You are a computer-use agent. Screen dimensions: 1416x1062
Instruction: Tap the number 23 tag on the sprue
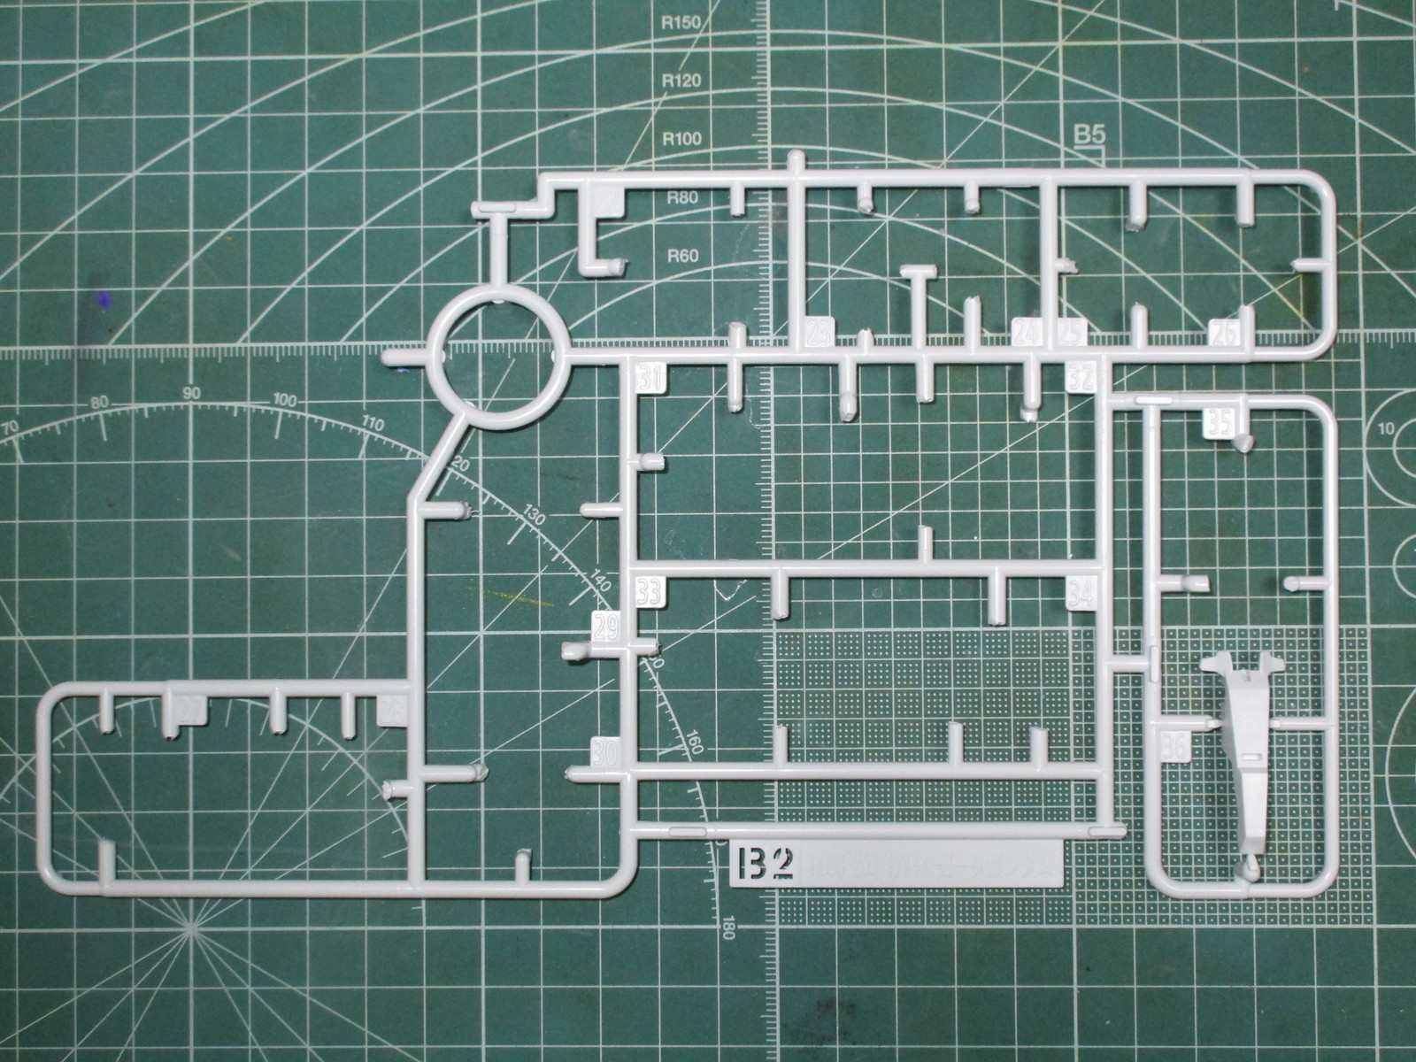(x=819, y=334)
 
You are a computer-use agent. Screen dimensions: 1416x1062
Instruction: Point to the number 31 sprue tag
(x=650, y=378)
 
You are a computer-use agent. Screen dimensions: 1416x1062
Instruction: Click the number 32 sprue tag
(x=1081, y=378)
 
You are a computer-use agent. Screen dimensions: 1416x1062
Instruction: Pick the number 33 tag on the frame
(x=649, y=590)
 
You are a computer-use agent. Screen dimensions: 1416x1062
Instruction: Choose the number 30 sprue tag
(x=605, y=751)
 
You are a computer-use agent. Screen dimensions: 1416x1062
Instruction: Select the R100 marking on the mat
(x=681, y=138)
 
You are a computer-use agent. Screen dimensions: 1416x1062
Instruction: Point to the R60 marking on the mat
(x=682, y=258)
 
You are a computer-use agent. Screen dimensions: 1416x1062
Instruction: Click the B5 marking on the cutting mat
(x=1089, y=135)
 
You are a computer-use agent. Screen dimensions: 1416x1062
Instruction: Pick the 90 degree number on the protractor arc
(x=190, y=394)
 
